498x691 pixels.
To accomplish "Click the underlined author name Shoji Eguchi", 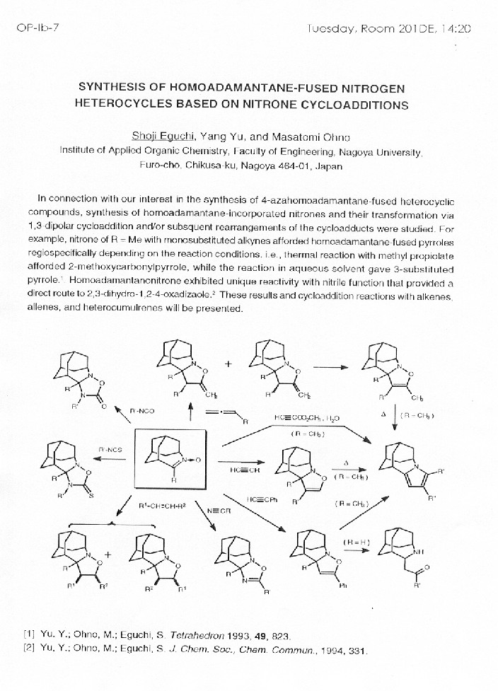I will pyautogui.click(x=160, y=136).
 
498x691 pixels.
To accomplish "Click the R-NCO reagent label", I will pyautogui.click(x=142, y=410).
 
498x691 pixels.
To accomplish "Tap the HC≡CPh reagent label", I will pyautogui.click(x=262, y=499).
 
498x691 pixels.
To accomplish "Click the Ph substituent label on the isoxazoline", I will pyautogui.click(x=341, y=585).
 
